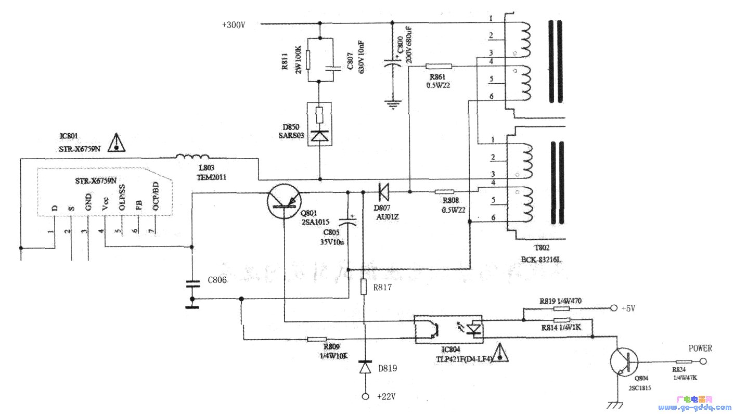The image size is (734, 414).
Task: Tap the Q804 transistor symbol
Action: pyautogui.click(x=624, y=362)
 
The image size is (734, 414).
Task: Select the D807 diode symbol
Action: pyautogui.click(x=383, y=192)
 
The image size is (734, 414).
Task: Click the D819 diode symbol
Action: pyautogui.click(x=365, y=368)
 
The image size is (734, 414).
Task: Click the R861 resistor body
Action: pyautogui.click(x=439, y=66)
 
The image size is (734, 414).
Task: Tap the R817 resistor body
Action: pyautogui.click(x=365, y=286)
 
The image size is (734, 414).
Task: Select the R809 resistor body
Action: pyautogui.click(x=317, y=339)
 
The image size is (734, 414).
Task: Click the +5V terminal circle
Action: pyautogui.click(x=613, y=307)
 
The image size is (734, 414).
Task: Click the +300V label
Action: pyautogui.click(x=234, y=24)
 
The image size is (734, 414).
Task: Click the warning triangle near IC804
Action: pyautogui.click(x=500, y=353)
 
